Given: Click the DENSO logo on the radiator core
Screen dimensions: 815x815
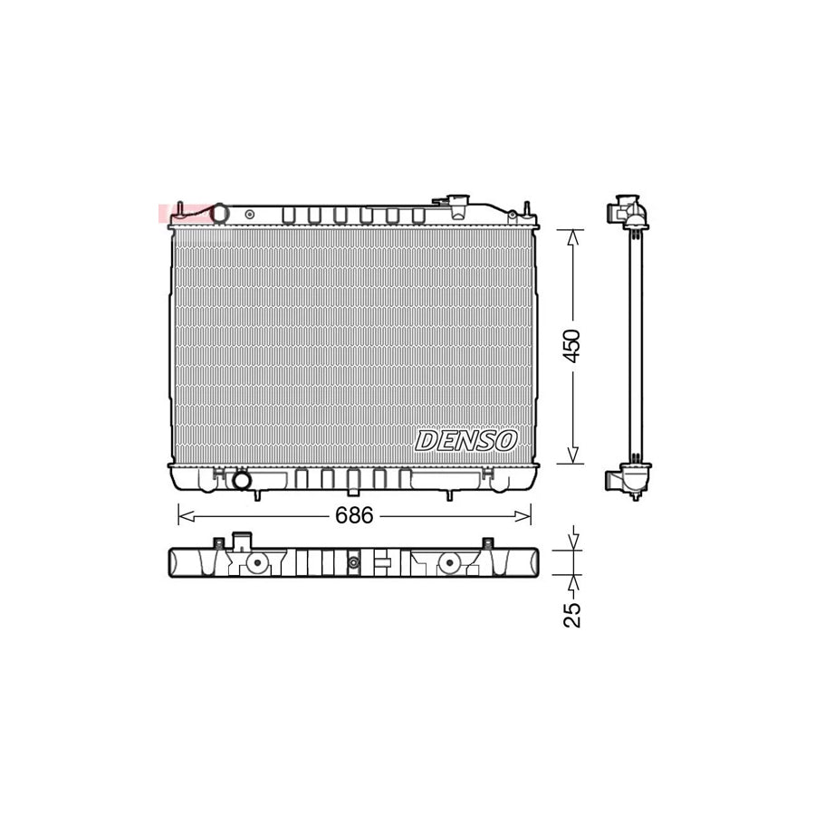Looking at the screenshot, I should coord(466,441).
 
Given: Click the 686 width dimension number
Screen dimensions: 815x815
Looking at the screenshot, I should coord(354,516).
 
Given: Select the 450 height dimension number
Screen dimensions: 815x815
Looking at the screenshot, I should coord(571,346).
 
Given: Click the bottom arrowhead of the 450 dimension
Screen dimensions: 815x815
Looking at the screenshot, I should coord(571,456).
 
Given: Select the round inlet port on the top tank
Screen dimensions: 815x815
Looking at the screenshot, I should coord(221,214).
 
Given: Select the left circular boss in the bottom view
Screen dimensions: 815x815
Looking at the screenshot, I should coord(257,564).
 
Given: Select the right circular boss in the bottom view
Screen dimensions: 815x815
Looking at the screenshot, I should coord(447,564).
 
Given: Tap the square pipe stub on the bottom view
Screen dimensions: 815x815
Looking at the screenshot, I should coord(242,542).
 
